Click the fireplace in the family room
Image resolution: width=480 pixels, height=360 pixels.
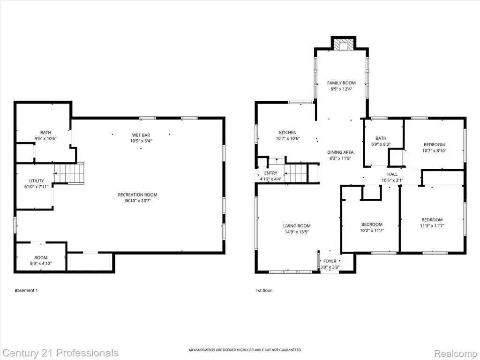pos(344,44)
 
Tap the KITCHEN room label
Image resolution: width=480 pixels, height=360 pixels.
pos(288,133)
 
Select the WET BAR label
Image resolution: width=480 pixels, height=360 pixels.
pos(141,135)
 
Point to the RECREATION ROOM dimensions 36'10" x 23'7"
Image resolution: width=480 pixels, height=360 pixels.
pos(137,201)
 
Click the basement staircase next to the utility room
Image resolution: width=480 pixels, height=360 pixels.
pos(69,173)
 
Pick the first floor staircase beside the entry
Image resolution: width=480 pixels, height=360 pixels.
pos(296,173)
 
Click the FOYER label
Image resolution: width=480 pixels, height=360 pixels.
pos(330,261)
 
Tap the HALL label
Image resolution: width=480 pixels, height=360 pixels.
pos(392,174)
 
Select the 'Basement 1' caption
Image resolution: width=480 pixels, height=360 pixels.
pos(26,290)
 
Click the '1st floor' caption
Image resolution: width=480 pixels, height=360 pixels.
pos(263,290)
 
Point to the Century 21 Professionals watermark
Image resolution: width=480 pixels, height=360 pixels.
pos(60,353)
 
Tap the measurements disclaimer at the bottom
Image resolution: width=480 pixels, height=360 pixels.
pos(245,350)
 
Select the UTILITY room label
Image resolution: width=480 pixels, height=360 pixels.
pos(37,181)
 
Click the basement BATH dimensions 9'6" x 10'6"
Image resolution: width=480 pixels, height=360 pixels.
pos(45,138)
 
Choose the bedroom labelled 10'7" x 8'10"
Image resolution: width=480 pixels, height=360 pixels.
pos(434,148)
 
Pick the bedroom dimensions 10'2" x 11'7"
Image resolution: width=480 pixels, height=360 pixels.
pos(372,231)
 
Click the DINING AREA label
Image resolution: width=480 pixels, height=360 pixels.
pos(340,152)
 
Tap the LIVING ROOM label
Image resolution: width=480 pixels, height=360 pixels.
pos(297,226)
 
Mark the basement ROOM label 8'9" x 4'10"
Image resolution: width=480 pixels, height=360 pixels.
pos(41,261)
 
